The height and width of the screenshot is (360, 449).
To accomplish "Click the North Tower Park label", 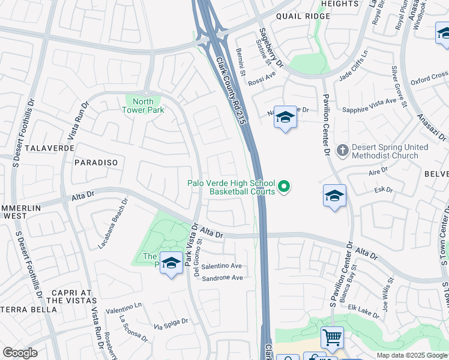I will pyautogui.click(x=142, y=106).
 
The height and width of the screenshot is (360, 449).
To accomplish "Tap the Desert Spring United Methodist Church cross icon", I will pyautogui.click(x=343, y=150).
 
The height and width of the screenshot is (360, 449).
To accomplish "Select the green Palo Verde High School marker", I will pyautogui.click(x=285, y=187).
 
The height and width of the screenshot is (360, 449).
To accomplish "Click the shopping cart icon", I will pyautogui.click(x=332, y=337).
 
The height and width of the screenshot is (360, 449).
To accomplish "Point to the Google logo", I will pyautogui.click(x=19, y=352).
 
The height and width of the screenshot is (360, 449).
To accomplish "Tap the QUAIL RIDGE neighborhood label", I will pyautogui.click(x=303, y=16).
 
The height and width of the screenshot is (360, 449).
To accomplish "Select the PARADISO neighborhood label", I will pyautogui.click(x=96, y=163).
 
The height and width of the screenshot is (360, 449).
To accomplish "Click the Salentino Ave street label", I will pyautogui.click(x=221, y=266).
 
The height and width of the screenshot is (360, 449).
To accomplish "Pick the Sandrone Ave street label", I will pyautogui.click(x=222, y=278).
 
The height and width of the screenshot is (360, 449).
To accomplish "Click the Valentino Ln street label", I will pyautogui.click(x=123, y=307).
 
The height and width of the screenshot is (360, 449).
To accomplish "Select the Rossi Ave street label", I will pyautogui.click(x=262, y=76).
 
